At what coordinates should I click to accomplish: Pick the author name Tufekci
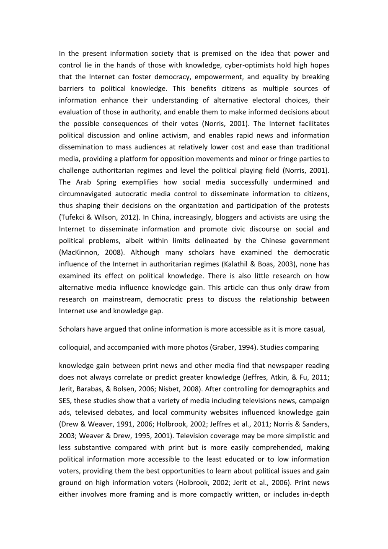[74, 217]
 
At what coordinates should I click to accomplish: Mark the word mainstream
[120, 299]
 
